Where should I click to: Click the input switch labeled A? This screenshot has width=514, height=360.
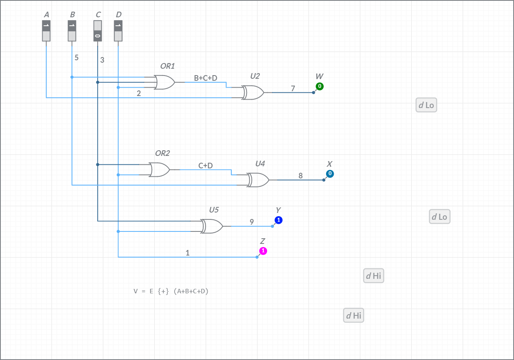point(46,31)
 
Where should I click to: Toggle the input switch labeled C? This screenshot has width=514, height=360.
point(98,31)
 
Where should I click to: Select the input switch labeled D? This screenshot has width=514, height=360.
point(118,31)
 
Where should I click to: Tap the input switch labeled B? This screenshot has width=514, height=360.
point(72,31)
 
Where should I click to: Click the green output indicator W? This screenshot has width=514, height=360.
point(320,86)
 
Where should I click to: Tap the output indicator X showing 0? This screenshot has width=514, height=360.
point(330,174)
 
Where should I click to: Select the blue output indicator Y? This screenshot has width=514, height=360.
point(279,220)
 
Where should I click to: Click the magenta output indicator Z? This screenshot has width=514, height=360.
point(263,251)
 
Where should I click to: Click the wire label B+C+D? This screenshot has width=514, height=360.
point(206,78)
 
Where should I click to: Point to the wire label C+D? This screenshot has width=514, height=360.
point(206,166)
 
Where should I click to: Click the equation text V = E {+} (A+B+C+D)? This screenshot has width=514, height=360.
point(171,291)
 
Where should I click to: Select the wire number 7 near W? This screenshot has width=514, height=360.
point(293,88)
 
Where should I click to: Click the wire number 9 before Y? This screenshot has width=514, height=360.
point(252,222)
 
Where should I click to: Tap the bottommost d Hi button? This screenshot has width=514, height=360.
point(354,315)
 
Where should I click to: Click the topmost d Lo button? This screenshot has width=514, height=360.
point(426,105)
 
